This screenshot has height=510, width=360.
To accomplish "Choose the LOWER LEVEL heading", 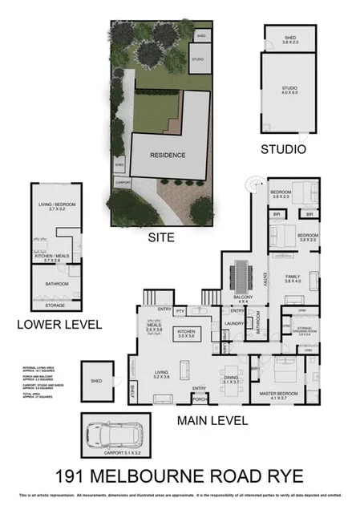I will [58, 325].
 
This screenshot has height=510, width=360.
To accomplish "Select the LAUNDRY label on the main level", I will [234, 324].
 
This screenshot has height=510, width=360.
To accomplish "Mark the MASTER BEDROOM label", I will [278, 395].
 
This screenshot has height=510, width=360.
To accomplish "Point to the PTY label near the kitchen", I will [180, 310].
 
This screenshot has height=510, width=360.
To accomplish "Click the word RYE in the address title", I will [280, 476].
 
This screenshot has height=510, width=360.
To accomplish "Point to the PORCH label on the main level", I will [200, 398].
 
